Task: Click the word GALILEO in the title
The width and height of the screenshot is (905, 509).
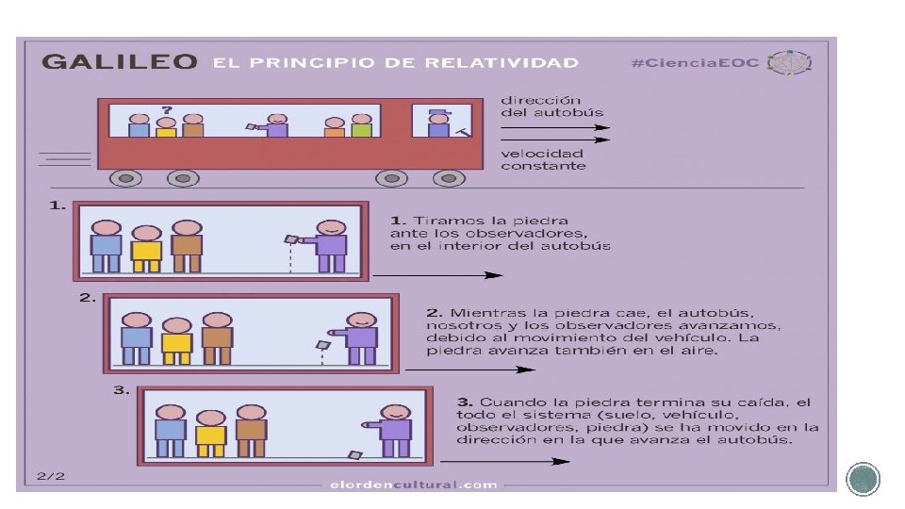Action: [119, 62]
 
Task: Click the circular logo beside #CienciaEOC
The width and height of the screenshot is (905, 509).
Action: [790, 63]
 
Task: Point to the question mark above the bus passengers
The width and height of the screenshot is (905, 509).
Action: [166, 109]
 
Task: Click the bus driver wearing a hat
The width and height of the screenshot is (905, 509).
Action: [437, 123]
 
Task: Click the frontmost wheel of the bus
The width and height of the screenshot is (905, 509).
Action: [449, 178]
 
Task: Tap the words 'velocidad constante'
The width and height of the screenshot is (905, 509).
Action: [543, 159]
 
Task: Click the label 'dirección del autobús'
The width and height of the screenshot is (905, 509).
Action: [541, 106]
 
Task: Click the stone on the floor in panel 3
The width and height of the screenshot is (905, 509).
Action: [354, 456]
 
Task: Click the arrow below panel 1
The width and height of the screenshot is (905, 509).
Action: [437, 275]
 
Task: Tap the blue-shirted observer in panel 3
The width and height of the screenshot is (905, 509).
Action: [171, 435]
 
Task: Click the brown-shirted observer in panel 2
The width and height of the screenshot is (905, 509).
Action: [217, 339]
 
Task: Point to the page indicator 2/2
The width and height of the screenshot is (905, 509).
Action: [51, 476]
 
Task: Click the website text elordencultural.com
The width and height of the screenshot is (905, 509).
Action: [414, 484]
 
